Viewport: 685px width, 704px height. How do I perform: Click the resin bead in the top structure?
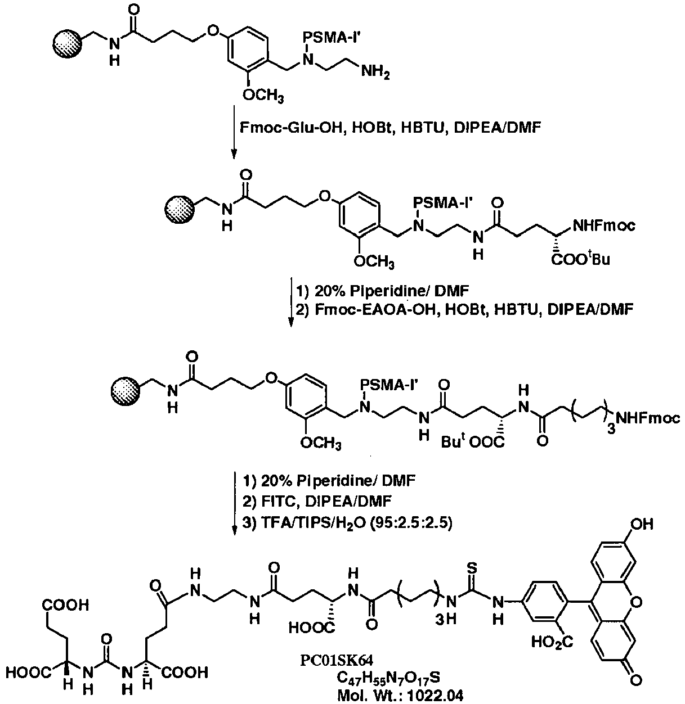pyautogui.click(x=69, y=43)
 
